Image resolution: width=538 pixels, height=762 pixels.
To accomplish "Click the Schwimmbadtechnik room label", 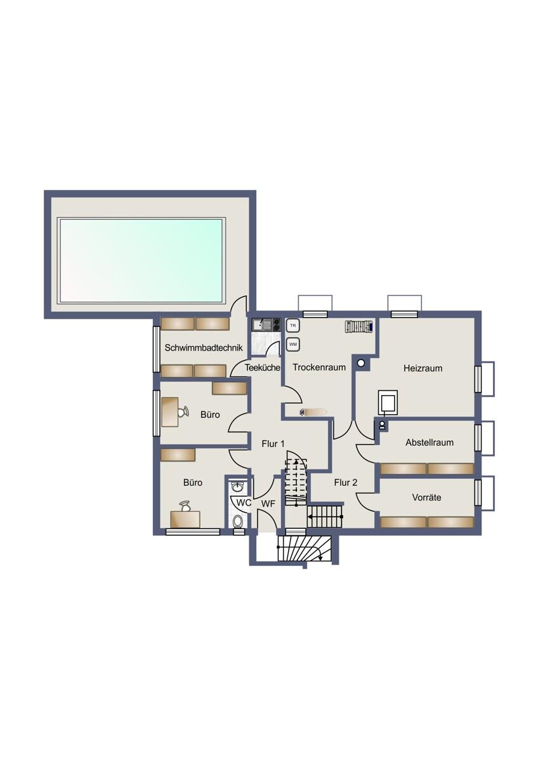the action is click(204, 348).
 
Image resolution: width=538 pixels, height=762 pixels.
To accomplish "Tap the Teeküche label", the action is click(263, 368).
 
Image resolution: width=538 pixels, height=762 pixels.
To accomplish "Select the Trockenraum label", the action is click(319, 367).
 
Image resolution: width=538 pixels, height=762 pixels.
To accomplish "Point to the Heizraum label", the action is click(423, 368).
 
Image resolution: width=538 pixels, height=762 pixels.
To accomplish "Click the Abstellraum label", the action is click(430, 442).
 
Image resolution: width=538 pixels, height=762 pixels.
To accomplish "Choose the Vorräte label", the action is click(426, 497).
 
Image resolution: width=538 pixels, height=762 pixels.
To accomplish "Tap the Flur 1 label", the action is click(273, 444).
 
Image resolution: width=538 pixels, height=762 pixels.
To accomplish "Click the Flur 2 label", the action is click(346, 483).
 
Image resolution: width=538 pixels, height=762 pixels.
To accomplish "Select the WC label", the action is click(244, 503).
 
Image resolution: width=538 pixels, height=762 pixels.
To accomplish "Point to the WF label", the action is click(268, 504).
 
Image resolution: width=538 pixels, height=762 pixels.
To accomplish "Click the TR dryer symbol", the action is click(293, 326).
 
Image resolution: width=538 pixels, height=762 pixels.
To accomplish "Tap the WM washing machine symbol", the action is click(293, 344).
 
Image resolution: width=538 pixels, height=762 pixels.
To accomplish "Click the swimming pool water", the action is click(141, 260).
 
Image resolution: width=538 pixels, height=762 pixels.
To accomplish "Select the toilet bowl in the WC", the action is click(238, 522).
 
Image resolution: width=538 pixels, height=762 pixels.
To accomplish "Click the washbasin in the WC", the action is click(237, 487).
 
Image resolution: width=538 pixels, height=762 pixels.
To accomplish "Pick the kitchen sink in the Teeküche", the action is click(262, 324).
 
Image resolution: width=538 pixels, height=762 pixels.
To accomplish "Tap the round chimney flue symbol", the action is click(361, 363).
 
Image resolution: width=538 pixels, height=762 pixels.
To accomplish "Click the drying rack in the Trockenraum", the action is click(358, 326).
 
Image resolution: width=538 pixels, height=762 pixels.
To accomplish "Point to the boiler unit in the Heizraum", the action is click(388, 403).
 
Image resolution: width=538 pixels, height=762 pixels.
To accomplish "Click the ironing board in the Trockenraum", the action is click(313, 412).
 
